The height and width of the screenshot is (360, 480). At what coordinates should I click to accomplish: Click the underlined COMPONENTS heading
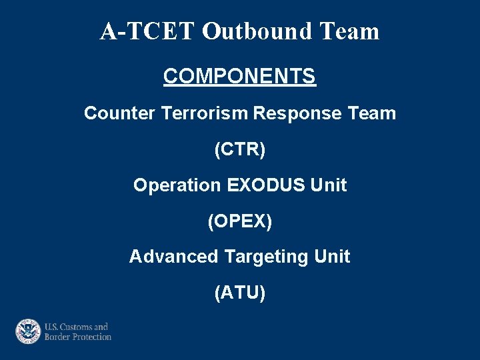click(239, 77)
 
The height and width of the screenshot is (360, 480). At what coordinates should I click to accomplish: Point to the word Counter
click(119, 113)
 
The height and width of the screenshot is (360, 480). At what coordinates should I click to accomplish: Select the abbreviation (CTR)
click(239, 149)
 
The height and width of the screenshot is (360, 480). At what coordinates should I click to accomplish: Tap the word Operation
click(177, 185)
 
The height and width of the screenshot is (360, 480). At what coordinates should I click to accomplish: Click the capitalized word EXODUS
click(266, 185)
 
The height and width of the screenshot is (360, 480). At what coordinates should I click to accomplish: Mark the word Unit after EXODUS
click(329, 185)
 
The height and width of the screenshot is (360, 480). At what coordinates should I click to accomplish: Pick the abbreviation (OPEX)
click(239, 221)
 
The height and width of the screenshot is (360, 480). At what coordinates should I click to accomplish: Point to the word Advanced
click(173, 257)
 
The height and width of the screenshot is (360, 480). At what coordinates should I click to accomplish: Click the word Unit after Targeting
click(332, 257)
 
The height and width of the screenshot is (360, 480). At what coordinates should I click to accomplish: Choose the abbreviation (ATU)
click(239, 293)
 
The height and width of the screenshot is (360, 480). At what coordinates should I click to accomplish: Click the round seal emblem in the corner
click(29, 331)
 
